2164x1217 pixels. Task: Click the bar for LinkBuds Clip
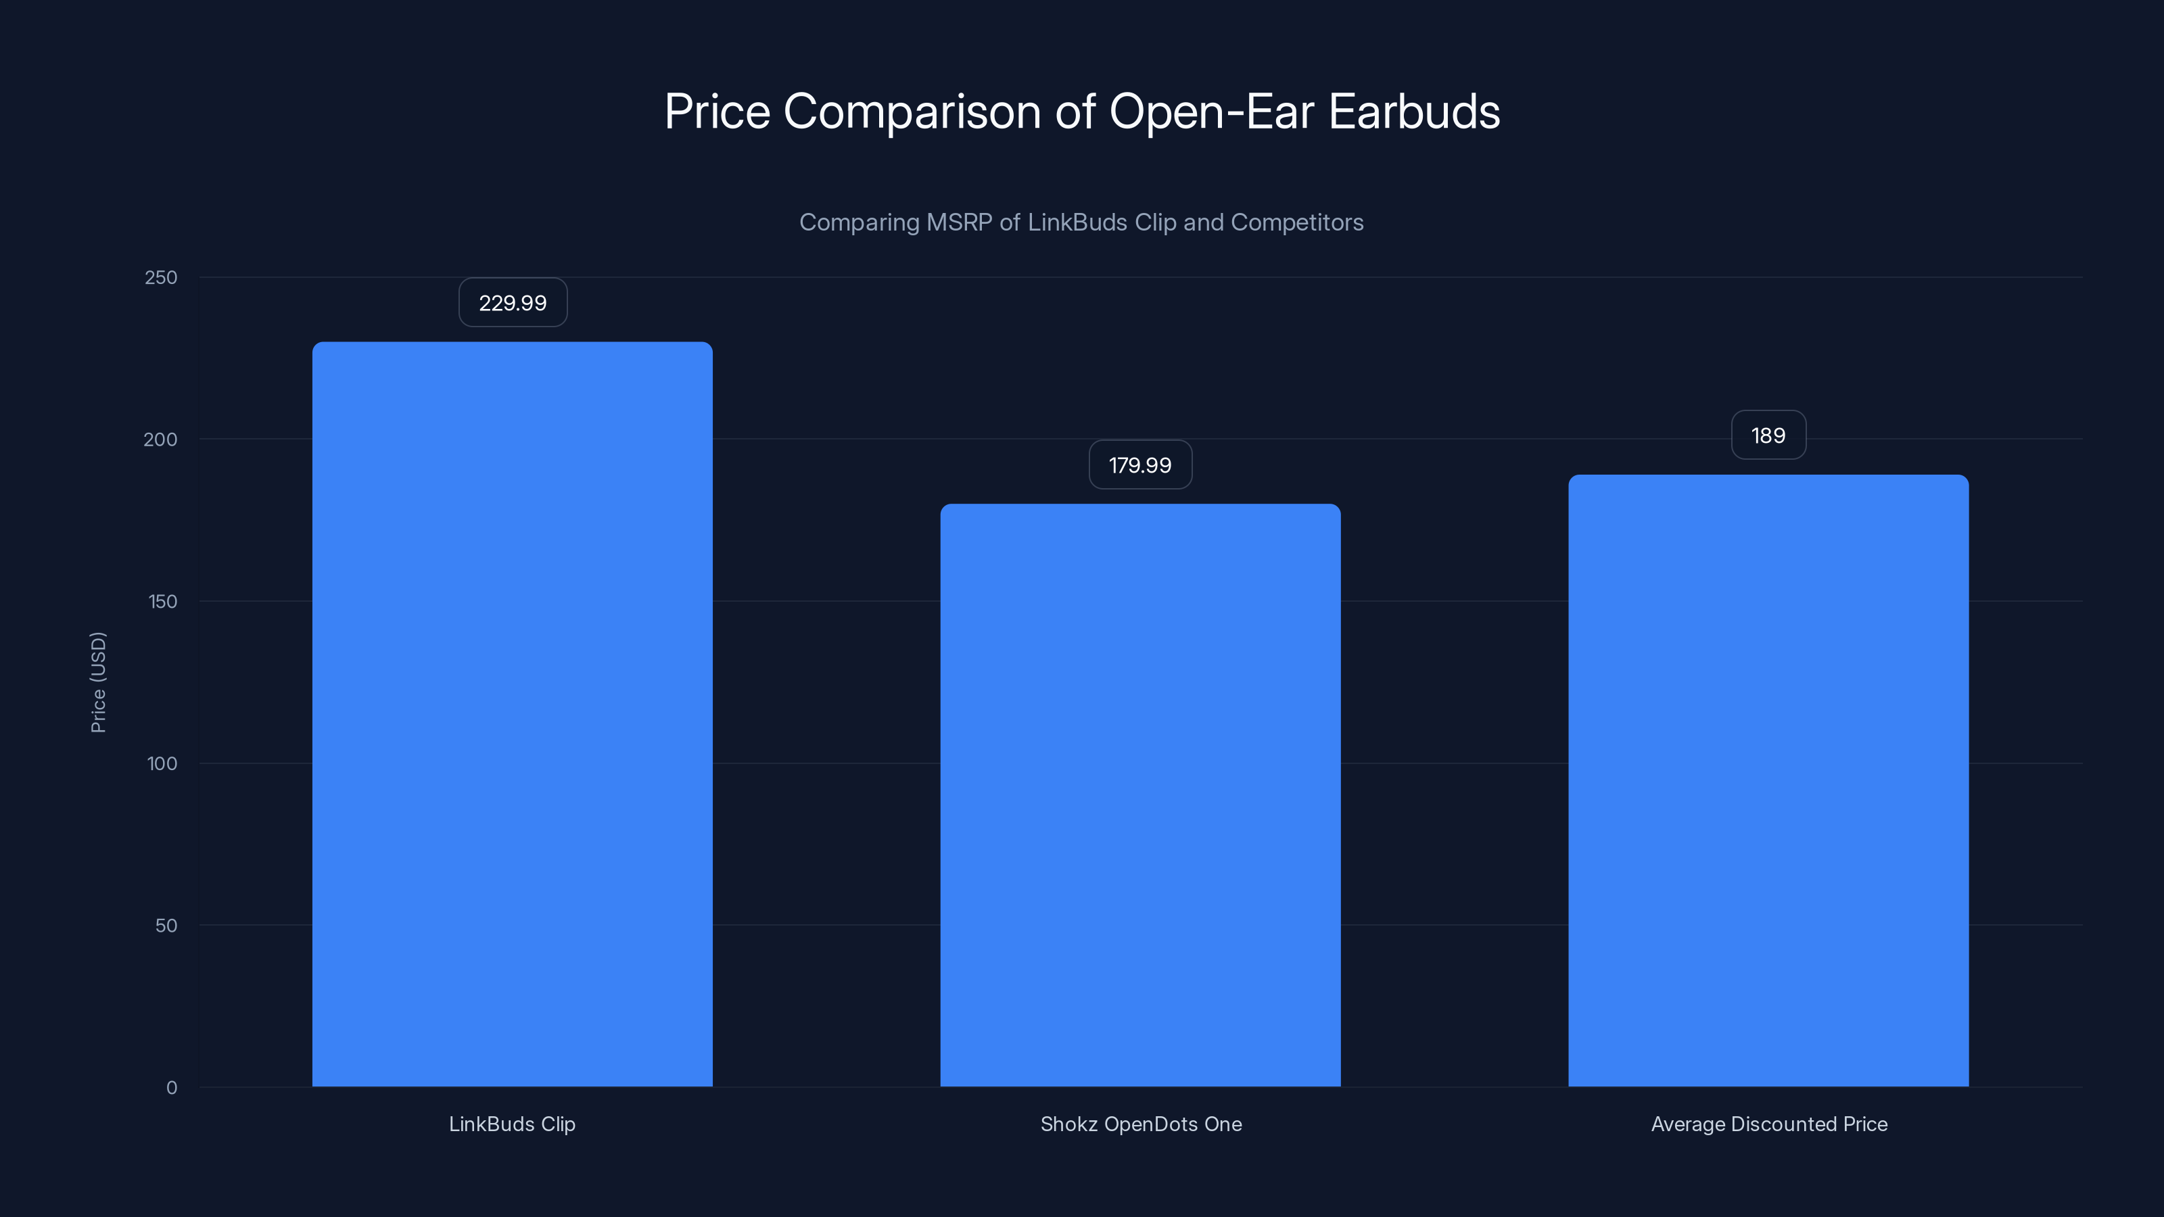coord(513,714)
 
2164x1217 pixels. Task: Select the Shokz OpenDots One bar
coord(1140,794)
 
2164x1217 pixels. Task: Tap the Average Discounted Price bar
coord(1768,780)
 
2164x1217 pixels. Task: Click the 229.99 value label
coord(513,302)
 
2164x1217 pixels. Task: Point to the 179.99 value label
coord(1140,464)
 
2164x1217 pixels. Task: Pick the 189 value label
coord(1768,435)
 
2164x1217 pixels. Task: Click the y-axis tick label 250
coord(162,277)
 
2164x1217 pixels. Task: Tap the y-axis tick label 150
coord(163,601)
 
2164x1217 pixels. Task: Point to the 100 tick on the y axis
coord(162,763)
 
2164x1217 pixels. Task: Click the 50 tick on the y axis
coord(166,926)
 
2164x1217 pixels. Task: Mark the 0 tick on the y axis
coord(172,1088)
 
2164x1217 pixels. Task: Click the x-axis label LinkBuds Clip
coord(513,1124)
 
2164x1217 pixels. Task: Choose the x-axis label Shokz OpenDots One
coord(1141,1124)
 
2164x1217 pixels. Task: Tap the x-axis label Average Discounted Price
coord(1769,1124)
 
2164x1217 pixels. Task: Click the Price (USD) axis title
coord(98,682)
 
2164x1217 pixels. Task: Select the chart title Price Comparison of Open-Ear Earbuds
coord(1082,112)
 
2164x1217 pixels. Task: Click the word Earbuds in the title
coord(1415,112)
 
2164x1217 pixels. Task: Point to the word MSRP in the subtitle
coord(958,222)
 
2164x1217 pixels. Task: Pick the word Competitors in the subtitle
coord(1297,222)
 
